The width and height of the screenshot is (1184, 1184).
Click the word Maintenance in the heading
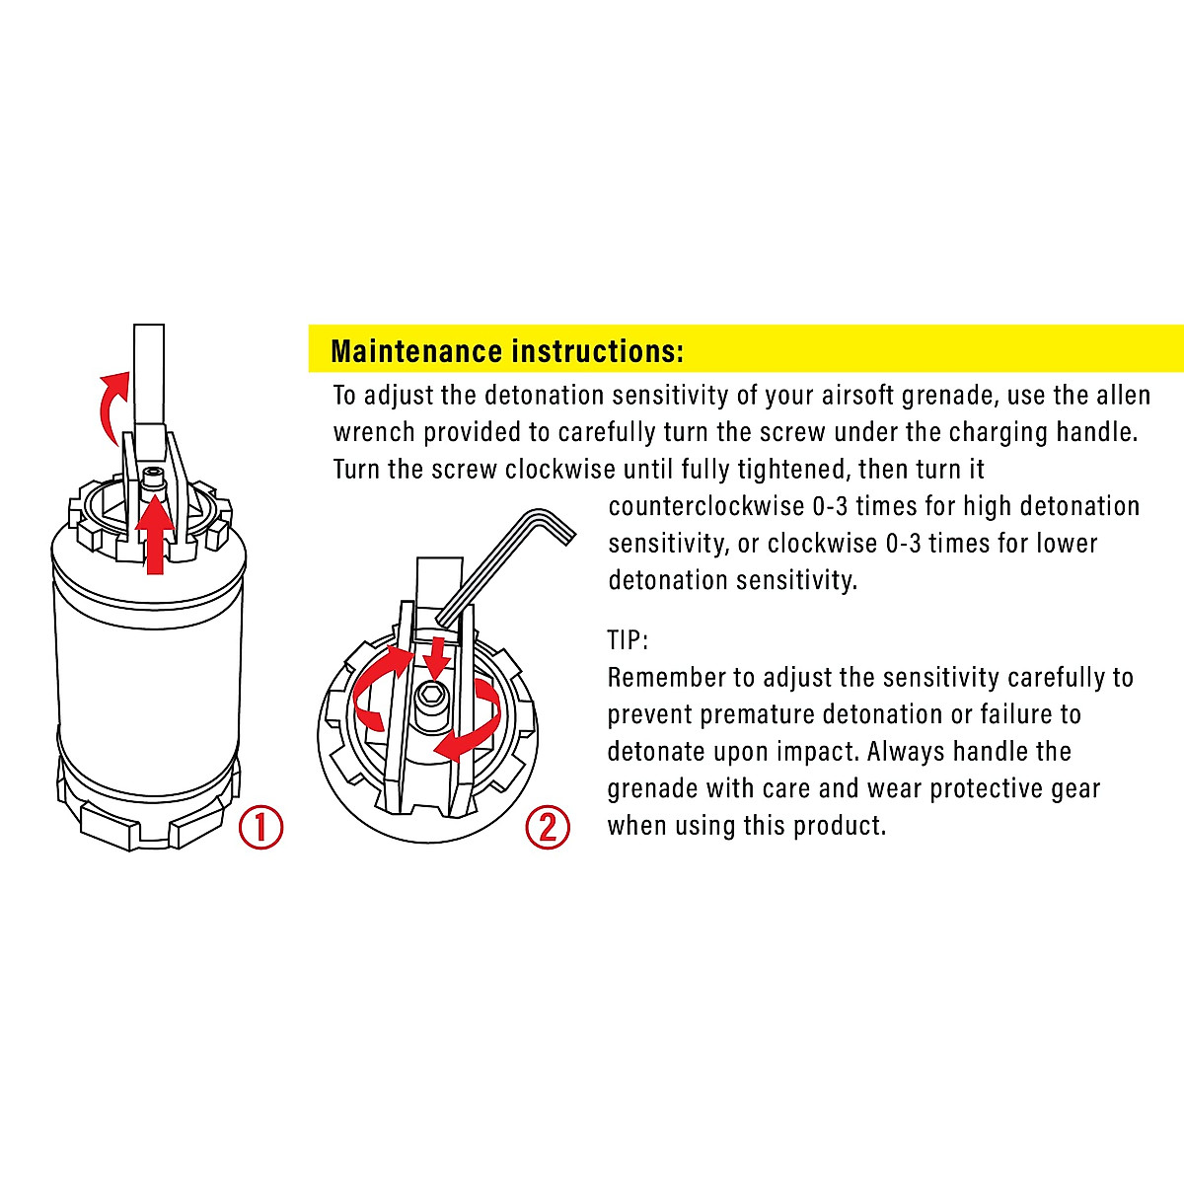click(416, 351)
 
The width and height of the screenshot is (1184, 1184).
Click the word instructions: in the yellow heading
click(598, 351)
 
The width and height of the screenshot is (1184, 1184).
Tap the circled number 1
click(261, 827)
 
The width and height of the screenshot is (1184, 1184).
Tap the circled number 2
click(548, 827)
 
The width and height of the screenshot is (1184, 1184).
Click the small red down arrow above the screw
click(438, 656)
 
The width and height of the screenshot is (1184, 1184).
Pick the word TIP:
click(628, 640)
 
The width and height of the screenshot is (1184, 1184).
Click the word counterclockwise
click(706, 506)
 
